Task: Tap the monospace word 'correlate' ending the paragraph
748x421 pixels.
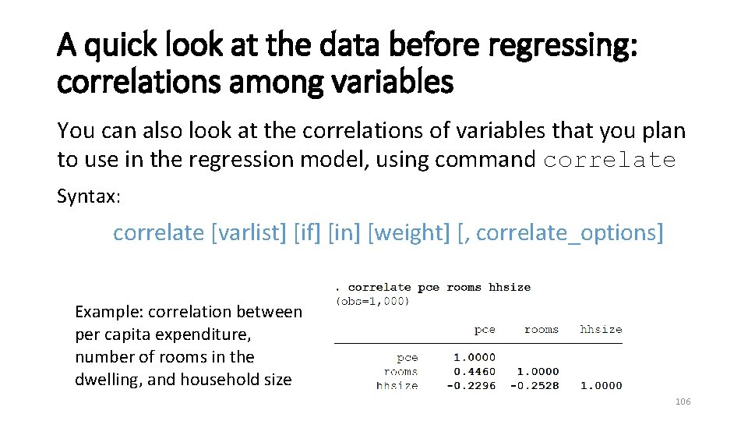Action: click(609, 160)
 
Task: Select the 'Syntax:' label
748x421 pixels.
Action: click(89, 196)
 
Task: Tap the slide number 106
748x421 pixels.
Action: click(683, 402)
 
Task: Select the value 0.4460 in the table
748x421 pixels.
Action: click(475, 371)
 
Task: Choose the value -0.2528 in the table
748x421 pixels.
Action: click(535, 385)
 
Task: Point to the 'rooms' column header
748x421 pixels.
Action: click(542, 330)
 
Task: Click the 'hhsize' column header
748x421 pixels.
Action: click(601, 330)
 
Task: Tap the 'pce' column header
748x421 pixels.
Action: click(485, 330)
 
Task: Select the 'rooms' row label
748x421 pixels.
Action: click(401, 371)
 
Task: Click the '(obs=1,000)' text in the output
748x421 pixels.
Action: click(372, 301)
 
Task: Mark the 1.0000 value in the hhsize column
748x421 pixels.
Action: click(602, 385)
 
